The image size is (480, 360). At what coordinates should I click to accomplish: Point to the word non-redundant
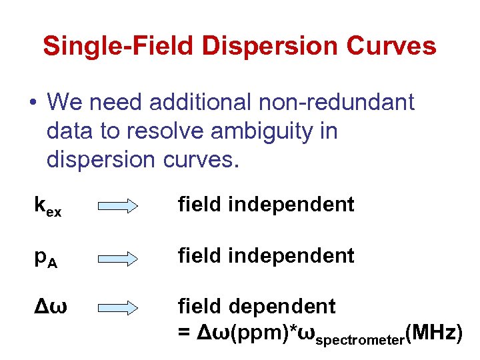337,103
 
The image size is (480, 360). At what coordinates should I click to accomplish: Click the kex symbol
48,206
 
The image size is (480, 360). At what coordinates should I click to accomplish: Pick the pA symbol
46,257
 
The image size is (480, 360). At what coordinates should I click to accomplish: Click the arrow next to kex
121,207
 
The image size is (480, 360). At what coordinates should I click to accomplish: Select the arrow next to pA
121,257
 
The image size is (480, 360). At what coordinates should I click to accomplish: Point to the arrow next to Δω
121,307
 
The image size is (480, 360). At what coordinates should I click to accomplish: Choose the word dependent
282,307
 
